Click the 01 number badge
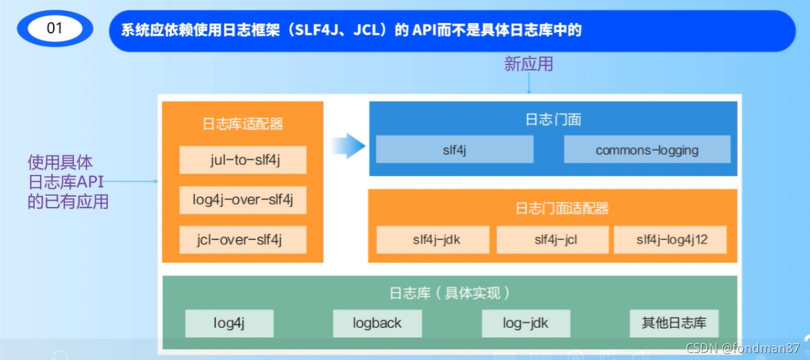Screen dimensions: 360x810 (x=55, y=29)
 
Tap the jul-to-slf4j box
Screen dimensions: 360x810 (x=243, y=160)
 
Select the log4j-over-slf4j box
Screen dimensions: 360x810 (x=243, y=200)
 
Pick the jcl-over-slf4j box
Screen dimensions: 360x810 (x=243, y=239)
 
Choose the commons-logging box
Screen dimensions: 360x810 (x=647, y=149)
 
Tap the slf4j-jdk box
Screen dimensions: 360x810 (x=433, y=240)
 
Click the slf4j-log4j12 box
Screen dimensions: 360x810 (x=670, y=240)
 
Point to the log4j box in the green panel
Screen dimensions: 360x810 (x=229, y=323)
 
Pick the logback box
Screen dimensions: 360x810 (x=377, y=323)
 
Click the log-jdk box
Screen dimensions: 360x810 (x=525, y=323)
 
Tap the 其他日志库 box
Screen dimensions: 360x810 (x=673, y=323)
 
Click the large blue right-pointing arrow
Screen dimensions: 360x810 (x=348, y=147)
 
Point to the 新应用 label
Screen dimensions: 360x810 (x=529, y=64)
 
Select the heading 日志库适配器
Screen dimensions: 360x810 (x=243, y=124)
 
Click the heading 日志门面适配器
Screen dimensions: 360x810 (x=553, y=208)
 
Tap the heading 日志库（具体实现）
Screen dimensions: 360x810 (x=450, y=293)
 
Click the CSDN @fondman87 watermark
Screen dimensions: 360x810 (x=742, y=349)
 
